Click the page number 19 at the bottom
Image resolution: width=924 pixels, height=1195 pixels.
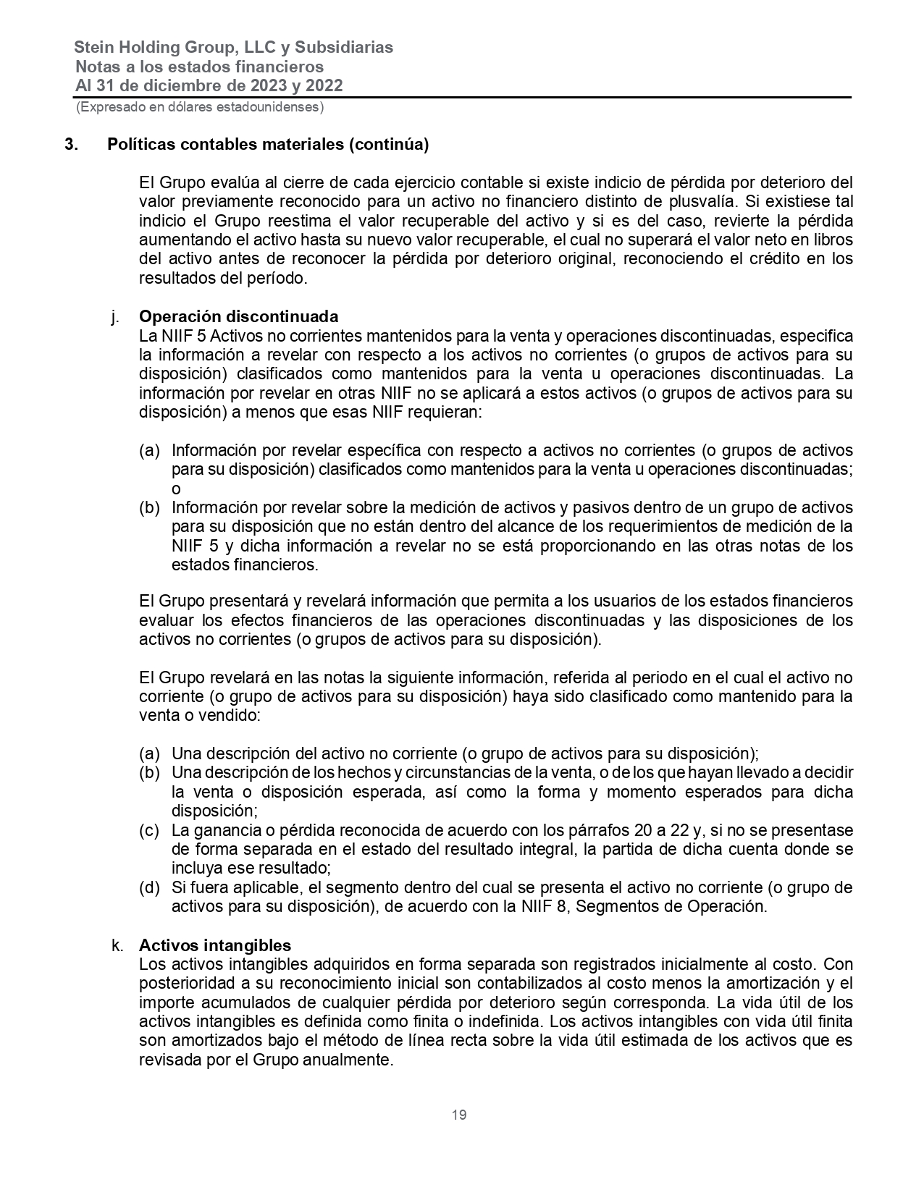[459, 1115]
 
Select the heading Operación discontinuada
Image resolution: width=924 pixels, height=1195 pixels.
[238, 317]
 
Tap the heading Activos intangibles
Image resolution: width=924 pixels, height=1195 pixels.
[215, 945]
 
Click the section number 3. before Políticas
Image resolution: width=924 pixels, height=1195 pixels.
[71, 144]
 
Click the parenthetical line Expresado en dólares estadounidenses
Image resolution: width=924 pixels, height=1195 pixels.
[200, 107]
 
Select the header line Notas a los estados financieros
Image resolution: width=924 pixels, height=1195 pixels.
[200, 67]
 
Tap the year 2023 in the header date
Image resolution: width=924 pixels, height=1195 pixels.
[261, 85]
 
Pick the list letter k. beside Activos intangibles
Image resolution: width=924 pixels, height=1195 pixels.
[116, 945]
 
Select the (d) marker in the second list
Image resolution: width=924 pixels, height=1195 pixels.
[149, 888]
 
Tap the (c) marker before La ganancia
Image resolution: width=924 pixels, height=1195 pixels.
[149, 830]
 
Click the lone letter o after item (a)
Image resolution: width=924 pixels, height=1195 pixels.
[176, 489]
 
